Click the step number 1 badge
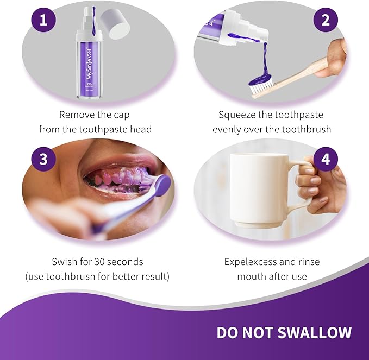pos(43,20)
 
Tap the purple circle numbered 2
pos(326,20)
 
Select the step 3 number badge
pos(43,159)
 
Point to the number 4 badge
pos(326,159)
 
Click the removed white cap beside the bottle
pos(116,23)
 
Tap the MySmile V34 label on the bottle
pos(89,61)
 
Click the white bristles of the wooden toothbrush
pos(262,86)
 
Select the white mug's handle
pos(302,186)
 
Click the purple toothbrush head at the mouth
pos(163,186)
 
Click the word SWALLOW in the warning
pos(315,332)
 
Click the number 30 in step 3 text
pos(99,262)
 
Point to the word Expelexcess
pos(250,262)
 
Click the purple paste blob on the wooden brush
pos(260,80)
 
